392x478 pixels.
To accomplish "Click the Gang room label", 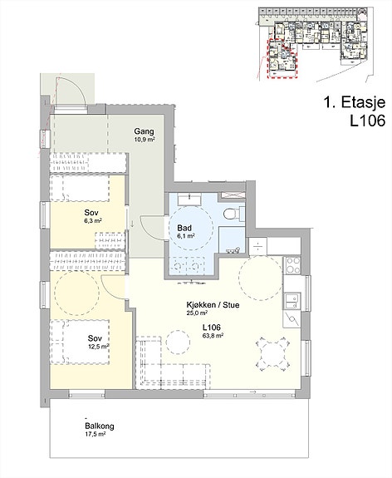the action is (144, 131).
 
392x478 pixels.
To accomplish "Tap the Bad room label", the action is (184, 228).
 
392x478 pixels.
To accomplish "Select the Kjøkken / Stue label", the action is (213, 304).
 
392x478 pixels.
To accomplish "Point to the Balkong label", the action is (100, 426).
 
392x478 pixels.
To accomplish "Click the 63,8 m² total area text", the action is (213, 336).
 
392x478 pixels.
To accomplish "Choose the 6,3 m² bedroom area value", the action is (93, 220).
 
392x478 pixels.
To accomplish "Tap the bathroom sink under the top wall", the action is (189, 199).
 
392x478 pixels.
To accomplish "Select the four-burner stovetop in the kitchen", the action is (292, 265).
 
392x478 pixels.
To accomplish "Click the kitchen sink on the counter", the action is (292, 301).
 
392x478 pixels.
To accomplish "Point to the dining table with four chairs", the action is (272, 353).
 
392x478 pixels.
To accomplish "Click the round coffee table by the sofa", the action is (179, 342).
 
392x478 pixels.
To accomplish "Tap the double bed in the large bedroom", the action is (81, 342).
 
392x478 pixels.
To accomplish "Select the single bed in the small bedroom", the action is (80, 188).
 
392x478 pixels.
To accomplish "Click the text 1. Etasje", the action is (355, 102).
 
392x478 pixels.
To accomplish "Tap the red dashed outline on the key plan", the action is (282, 59).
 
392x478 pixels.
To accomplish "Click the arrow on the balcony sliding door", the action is (252, 391).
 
